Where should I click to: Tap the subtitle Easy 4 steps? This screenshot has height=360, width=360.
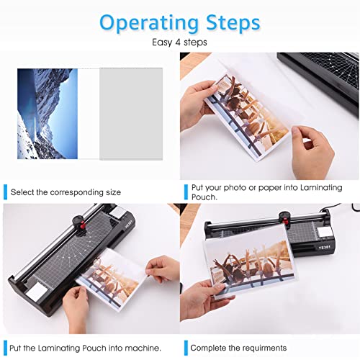tap(179, 43)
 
